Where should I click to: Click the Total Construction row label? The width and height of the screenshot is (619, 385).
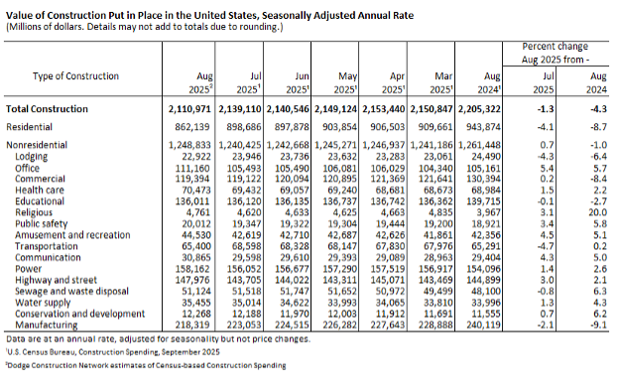click(45, 107)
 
